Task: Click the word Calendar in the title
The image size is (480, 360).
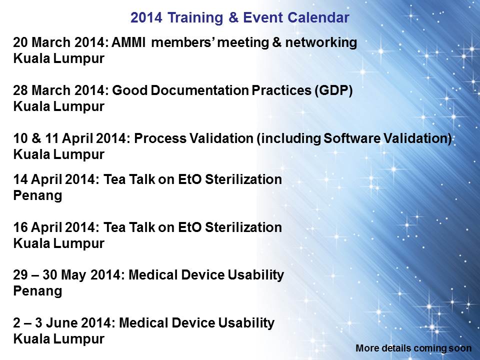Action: pyautogui.click(x=318, y=17)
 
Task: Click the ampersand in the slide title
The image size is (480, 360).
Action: pyautogui.click(x=233, y=17)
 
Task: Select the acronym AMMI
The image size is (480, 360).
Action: pyautogui.click(x=128, y=42)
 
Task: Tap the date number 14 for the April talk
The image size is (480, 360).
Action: pyautogui.click(x=20, y=179)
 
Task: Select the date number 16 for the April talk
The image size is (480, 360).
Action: pyautogui.click(x=20, y=227)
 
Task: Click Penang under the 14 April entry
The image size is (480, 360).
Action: pyautogui.click(x=37, y=196)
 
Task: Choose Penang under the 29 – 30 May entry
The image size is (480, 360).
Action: pyautogui.click(x=37, y=291)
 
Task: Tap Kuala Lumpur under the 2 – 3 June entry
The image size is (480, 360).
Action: pyautogui.click(x=59, y=339)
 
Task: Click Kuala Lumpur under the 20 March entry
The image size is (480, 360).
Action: pyautogui.click(x=59, y=59)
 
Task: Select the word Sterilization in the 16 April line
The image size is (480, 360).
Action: pyautogui.click(x=243, y=227)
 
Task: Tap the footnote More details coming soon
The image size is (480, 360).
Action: pyautogui.click(x=413, y=348)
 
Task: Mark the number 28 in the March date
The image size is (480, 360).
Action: pyautogui.click(x=20, y=90)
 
